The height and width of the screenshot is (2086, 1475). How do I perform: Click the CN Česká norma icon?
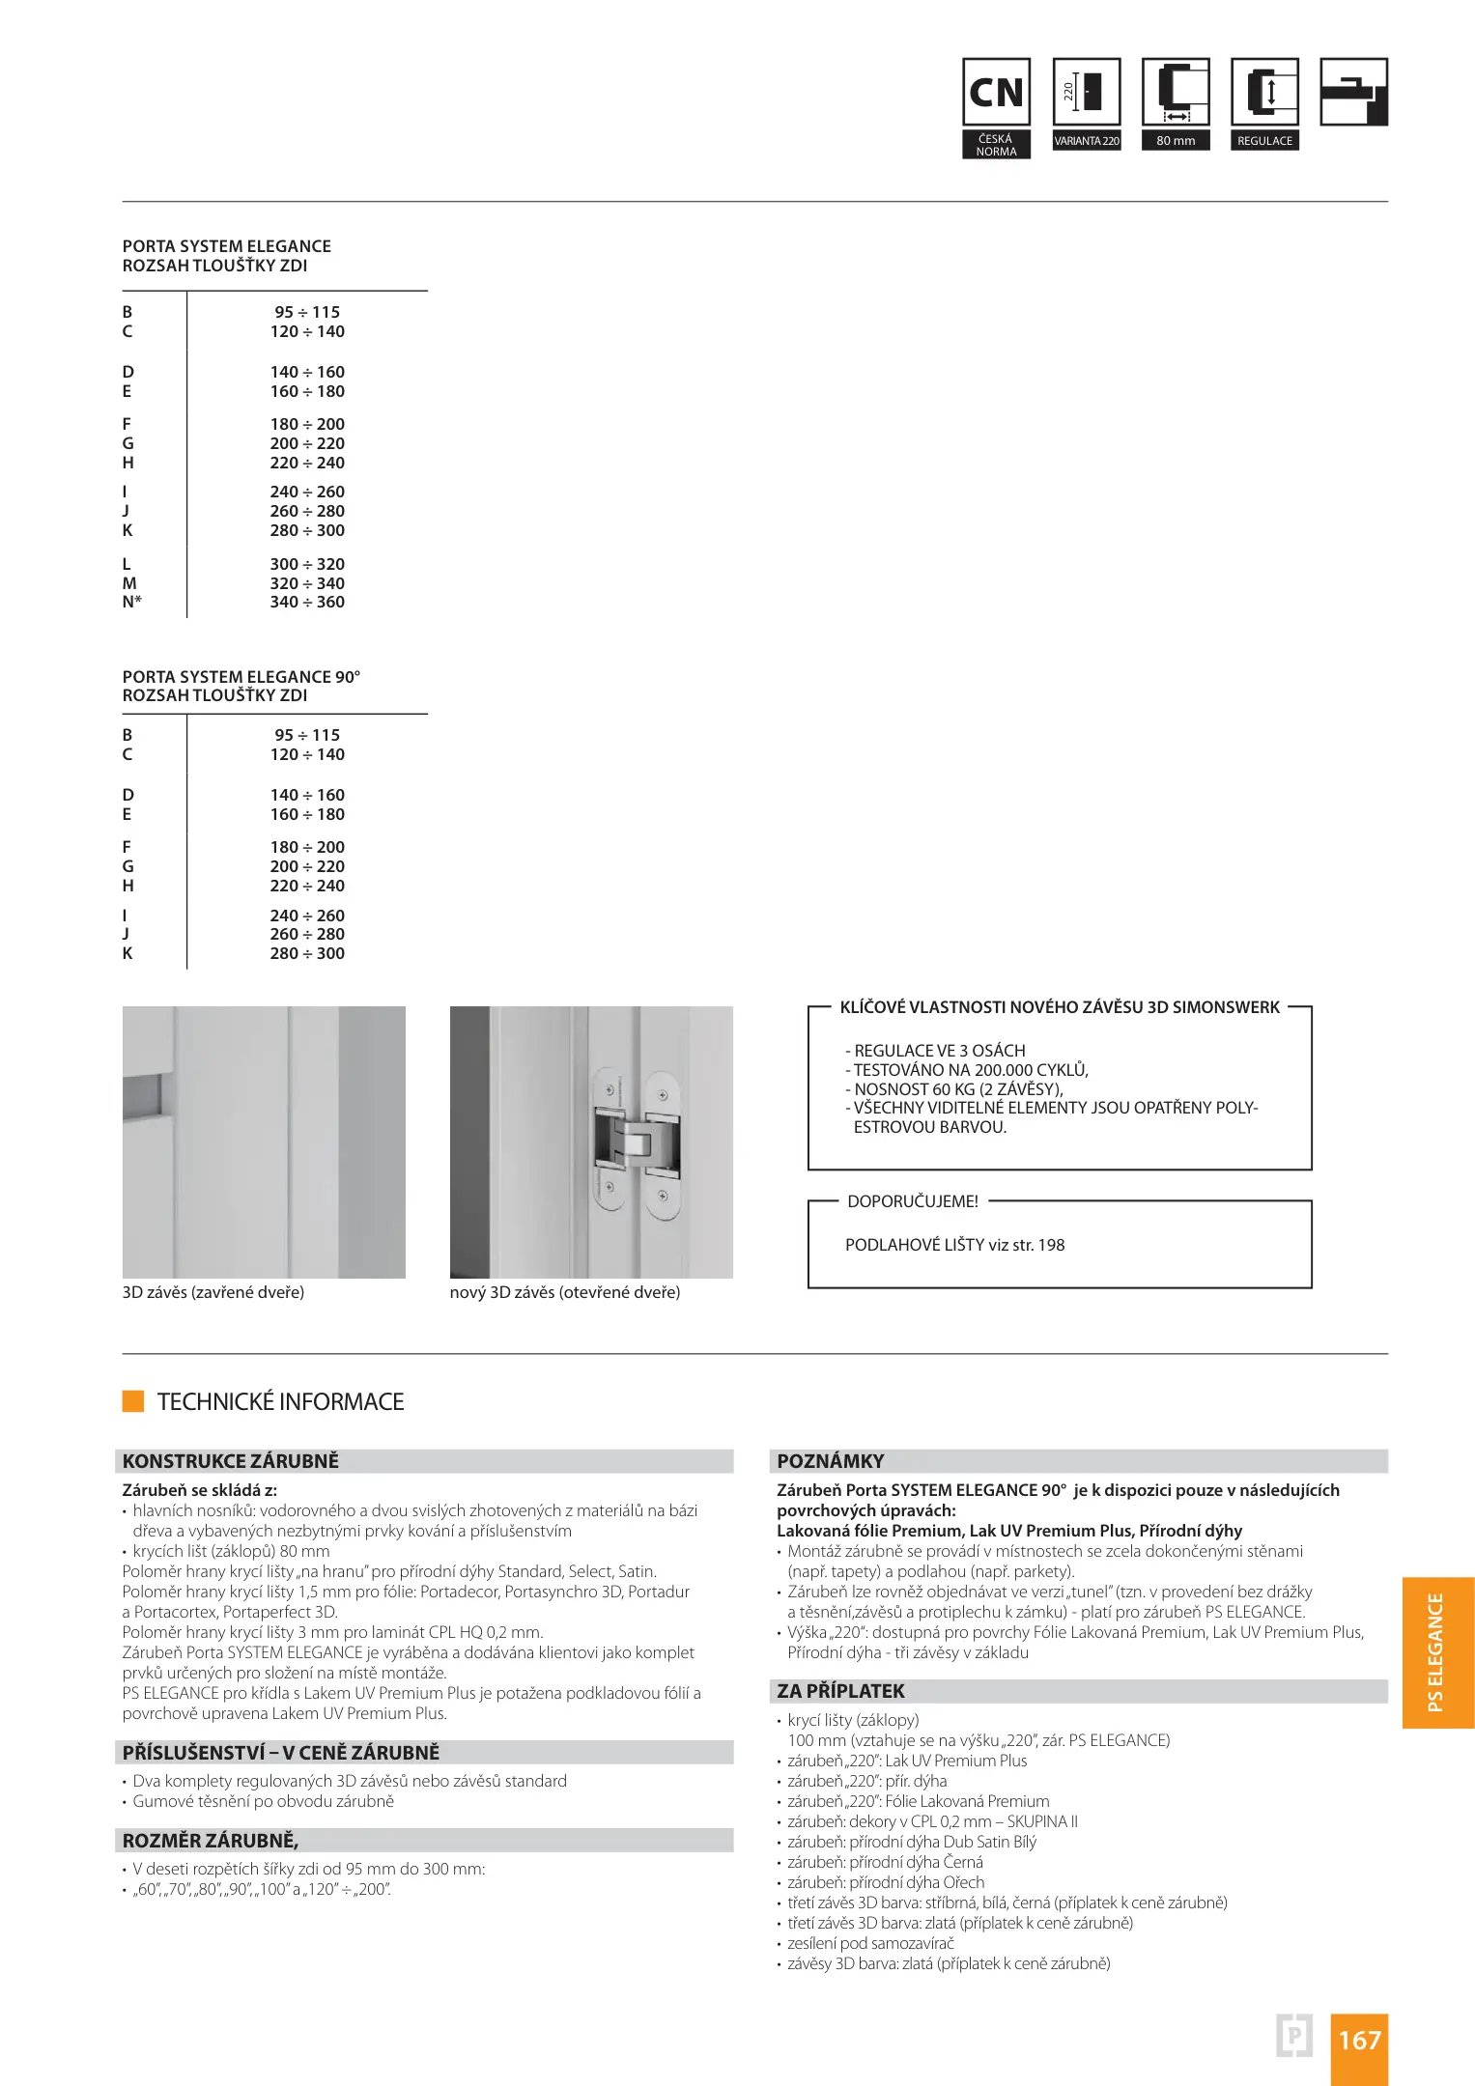[996, 94]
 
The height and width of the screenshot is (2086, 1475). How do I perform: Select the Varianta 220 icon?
[1087, 94]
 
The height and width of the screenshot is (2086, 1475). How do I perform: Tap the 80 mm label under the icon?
[1176, 141]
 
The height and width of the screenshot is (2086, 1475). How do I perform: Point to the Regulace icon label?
[1264, 141]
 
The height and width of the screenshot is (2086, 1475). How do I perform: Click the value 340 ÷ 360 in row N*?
[307, 603]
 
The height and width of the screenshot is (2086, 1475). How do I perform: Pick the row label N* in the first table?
[131, 603]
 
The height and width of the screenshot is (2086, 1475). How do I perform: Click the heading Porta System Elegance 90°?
[241, 677]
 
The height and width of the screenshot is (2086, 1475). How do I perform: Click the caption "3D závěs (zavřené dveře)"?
[213, 1292]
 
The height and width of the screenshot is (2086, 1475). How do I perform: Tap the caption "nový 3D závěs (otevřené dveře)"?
[564, 1292]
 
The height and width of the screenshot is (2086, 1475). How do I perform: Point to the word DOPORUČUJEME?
[912, 1201]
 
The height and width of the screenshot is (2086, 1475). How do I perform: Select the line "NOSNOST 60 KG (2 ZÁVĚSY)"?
[953, 1089]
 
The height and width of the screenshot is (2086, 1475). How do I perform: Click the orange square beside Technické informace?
[133, 1401]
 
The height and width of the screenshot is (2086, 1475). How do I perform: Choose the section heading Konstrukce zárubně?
[230, 1461]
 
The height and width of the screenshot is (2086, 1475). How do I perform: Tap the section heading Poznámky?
[830, 1461]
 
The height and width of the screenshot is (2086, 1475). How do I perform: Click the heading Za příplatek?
[840, 1691]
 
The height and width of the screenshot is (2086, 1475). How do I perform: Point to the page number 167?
[1358, 2040]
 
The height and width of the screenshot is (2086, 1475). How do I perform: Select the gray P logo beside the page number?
[1294, 2037]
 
